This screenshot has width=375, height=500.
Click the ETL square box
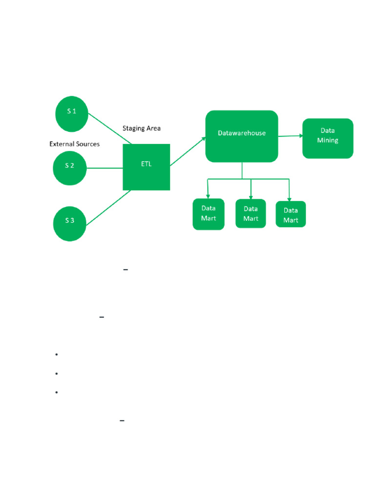[x=146, y=167]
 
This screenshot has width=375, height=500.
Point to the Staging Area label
[x=141, y=128]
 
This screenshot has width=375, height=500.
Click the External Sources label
[x=75, y=144]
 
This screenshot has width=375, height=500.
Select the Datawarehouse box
[x=242, y=136]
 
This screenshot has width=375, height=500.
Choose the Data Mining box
[x=328, y=138]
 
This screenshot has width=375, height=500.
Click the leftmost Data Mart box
[x=208, y=214]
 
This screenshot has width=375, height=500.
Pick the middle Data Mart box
[x=250, y=213]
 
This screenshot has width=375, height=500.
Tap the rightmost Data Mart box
[x=291, y=214]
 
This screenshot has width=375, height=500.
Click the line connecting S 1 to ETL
[x=110, y=128]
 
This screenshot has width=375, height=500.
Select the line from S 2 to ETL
[x=104, y=168]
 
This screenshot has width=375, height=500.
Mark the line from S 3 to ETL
[x=109, y=207]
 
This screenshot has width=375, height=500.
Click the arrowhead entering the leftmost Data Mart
[x=208, y=196]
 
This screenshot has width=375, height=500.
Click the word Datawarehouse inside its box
[x=242, y=133]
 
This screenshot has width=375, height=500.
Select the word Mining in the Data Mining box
[x=328, y=141]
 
